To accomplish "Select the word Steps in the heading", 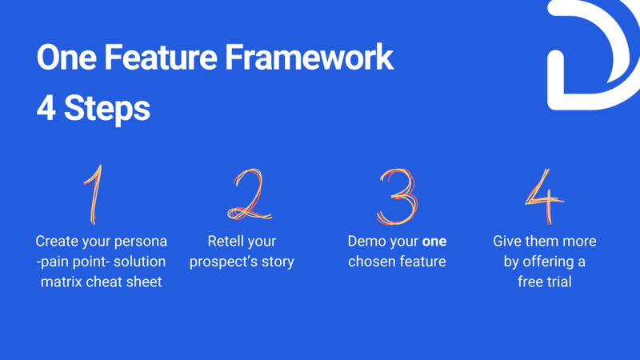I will point(106,108).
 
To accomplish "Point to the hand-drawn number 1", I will point(94,194).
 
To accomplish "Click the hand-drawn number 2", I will point(247,195).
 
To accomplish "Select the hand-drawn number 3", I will point(397,196).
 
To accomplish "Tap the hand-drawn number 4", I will point(544,197).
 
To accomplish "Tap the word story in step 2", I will point(275,262).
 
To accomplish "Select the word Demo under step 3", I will point(366,241).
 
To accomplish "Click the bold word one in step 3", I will point(434,241).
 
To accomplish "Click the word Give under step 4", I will point(509,241).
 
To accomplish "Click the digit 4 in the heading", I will point(46,108).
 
